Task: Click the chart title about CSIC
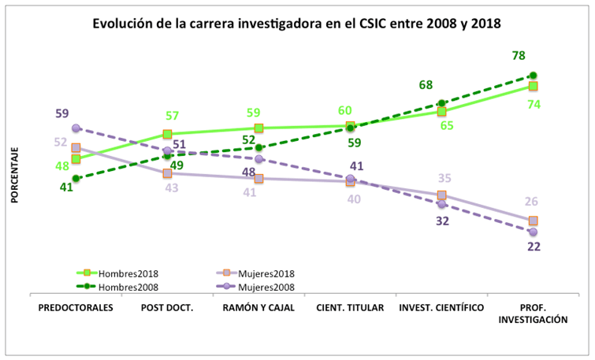coord(297,24)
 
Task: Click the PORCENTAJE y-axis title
coord(14,174)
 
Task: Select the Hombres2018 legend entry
coord(118,274)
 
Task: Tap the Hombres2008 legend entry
coord(118,287)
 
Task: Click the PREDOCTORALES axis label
coord(76,308)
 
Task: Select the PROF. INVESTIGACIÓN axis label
coord(534,314)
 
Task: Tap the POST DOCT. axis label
coord(167,308)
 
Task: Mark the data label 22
coord(534,247)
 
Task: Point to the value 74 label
coord(534,105)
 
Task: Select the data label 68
coord(426,84)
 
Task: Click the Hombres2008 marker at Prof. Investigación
coord(534,76)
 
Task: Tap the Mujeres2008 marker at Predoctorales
coord(76,128)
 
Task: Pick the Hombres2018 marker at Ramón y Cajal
coord(258,128)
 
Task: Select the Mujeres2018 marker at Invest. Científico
coord(442,195)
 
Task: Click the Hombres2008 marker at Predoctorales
coord(76,178)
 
